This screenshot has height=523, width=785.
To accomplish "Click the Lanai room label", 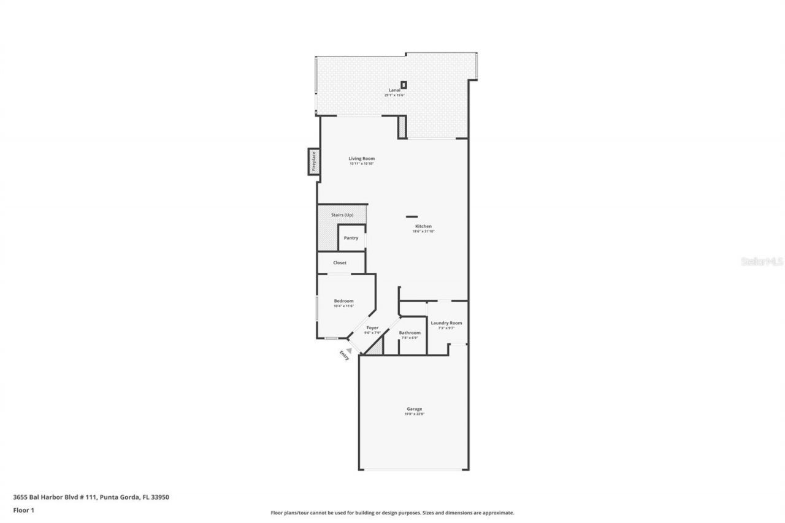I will coord(394,90).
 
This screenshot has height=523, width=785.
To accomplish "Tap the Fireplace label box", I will coord(313,161).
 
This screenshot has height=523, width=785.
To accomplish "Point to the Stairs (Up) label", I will coord(342,215).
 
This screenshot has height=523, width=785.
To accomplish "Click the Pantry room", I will coord(351,238).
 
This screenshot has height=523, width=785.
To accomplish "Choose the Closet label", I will coord(340,263).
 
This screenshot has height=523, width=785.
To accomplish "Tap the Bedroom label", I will coord(343,301).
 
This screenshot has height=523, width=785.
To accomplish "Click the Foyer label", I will coord(372,328).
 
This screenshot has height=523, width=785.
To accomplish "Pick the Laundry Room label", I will coord(446,323).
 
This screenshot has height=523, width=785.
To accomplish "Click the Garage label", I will coord(414,409).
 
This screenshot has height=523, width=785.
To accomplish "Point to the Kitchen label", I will coord(423,227).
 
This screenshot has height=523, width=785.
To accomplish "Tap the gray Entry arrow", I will coord(349,350).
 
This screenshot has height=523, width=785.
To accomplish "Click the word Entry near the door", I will coord(344,356).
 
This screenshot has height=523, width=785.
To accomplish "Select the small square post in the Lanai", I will coord(404,85).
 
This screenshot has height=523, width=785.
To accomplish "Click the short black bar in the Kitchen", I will coord(412,216).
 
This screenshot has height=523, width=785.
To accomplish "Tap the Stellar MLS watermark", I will coord(762,261).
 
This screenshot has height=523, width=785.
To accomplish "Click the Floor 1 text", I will coord(23,510).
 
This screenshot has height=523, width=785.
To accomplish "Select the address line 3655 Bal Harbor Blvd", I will coord(91,497).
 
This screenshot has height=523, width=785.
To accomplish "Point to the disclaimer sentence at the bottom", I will coord(392,513).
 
